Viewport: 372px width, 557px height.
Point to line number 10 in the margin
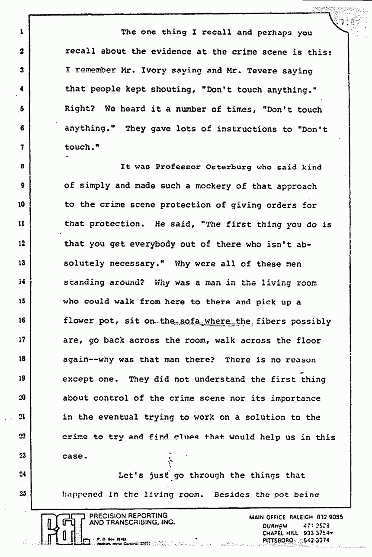click(x=20, y=205)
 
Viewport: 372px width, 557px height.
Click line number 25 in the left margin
click(x=20, y=493)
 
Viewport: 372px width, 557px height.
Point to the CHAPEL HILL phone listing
click(x=298, y=534)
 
